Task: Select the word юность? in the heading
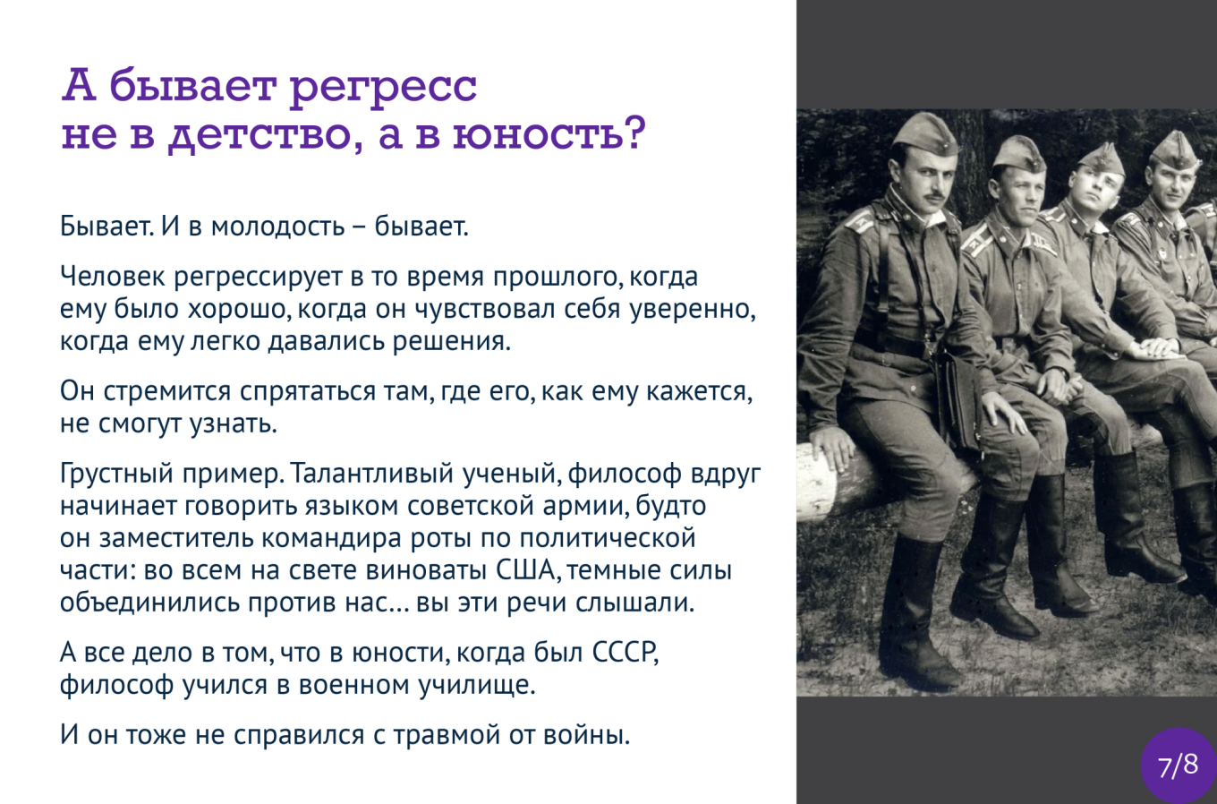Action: [x=549, y=133]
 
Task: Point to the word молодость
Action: [x=277, y=227]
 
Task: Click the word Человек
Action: [x=113, y=277]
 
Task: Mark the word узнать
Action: [x=233, y=424]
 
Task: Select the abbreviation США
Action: [x=528, y=570]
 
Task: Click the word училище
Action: [x=477, y=686]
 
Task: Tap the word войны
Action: [x=587, y=735]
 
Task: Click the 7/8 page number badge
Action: [x=1178, y=766]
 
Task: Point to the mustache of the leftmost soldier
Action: [x=935, y=195]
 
